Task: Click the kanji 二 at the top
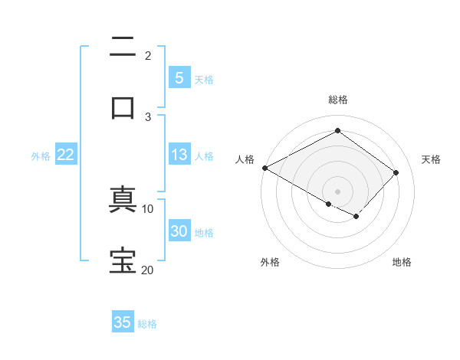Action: pyautogui.click(x=123, y=47)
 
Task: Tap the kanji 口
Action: pyautogui.click(x=123, y=106)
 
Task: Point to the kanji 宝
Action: pyautogui.click(x=123, y=261)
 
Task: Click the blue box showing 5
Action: pyautogui.click(x=179, y=78)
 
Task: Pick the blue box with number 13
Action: pyautogui.click(x=179, y=155)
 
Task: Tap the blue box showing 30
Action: pyautogui.click(x=179, y=231)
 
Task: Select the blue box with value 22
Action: pyautogui.click(x=66, y=155)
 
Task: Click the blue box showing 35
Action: pyautogui.click(x=123, y=322)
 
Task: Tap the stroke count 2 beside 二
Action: pyautogui.click(x=148, y=55)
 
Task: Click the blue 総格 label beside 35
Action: pyautogui.click(x=147, y=324)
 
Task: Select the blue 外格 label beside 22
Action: pyautogui.click(x=41, y=156)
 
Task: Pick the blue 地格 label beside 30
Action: pyautogui.click(x=204, y=233)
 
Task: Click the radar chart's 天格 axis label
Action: pyautogui.click(x=431, y=159)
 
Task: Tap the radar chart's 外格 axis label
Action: pyautogui.click(x=270, y=262)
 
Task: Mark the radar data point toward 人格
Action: pyautogui.click(x=264, y=168)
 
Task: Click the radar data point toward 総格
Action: pyautogui.click(x=337, y=131)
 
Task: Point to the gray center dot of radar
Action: pyautogui.click(x=337, y=191)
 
